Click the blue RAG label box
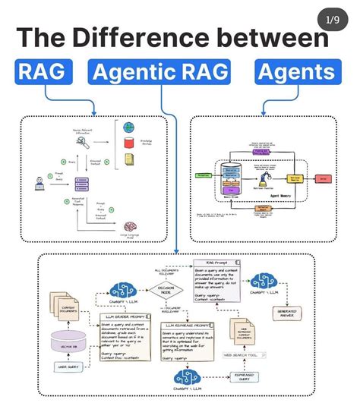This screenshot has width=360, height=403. [x=43, y=72]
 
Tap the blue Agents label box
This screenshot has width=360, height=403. [x=296, y=72]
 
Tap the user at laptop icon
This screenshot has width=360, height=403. [x=37, y=182]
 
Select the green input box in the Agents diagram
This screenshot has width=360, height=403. [x=204, y=175]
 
